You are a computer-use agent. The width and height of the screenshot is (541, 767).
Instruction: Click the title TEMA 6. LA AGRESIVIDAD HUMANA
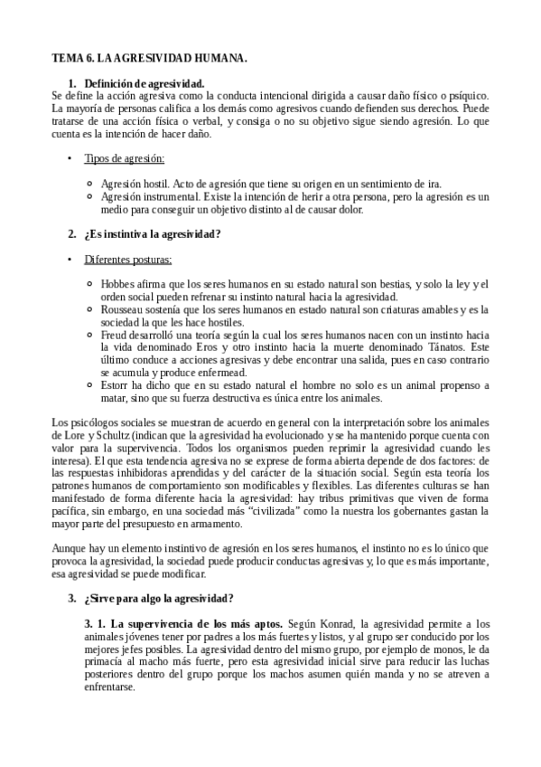coord(148,58)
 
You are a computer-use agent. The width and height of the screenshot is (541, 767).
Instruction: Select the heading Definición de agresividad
coord(144,83)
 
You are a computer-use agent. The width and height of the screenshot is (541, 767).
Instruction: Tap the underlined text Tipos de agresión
coord(125,159)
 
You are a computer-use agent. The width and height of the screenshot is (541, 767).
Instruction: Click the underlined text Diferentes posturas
coord(128,260)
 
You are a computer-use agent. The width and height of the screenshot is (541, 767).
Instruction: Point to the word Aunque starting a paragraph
coord(70,548)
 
